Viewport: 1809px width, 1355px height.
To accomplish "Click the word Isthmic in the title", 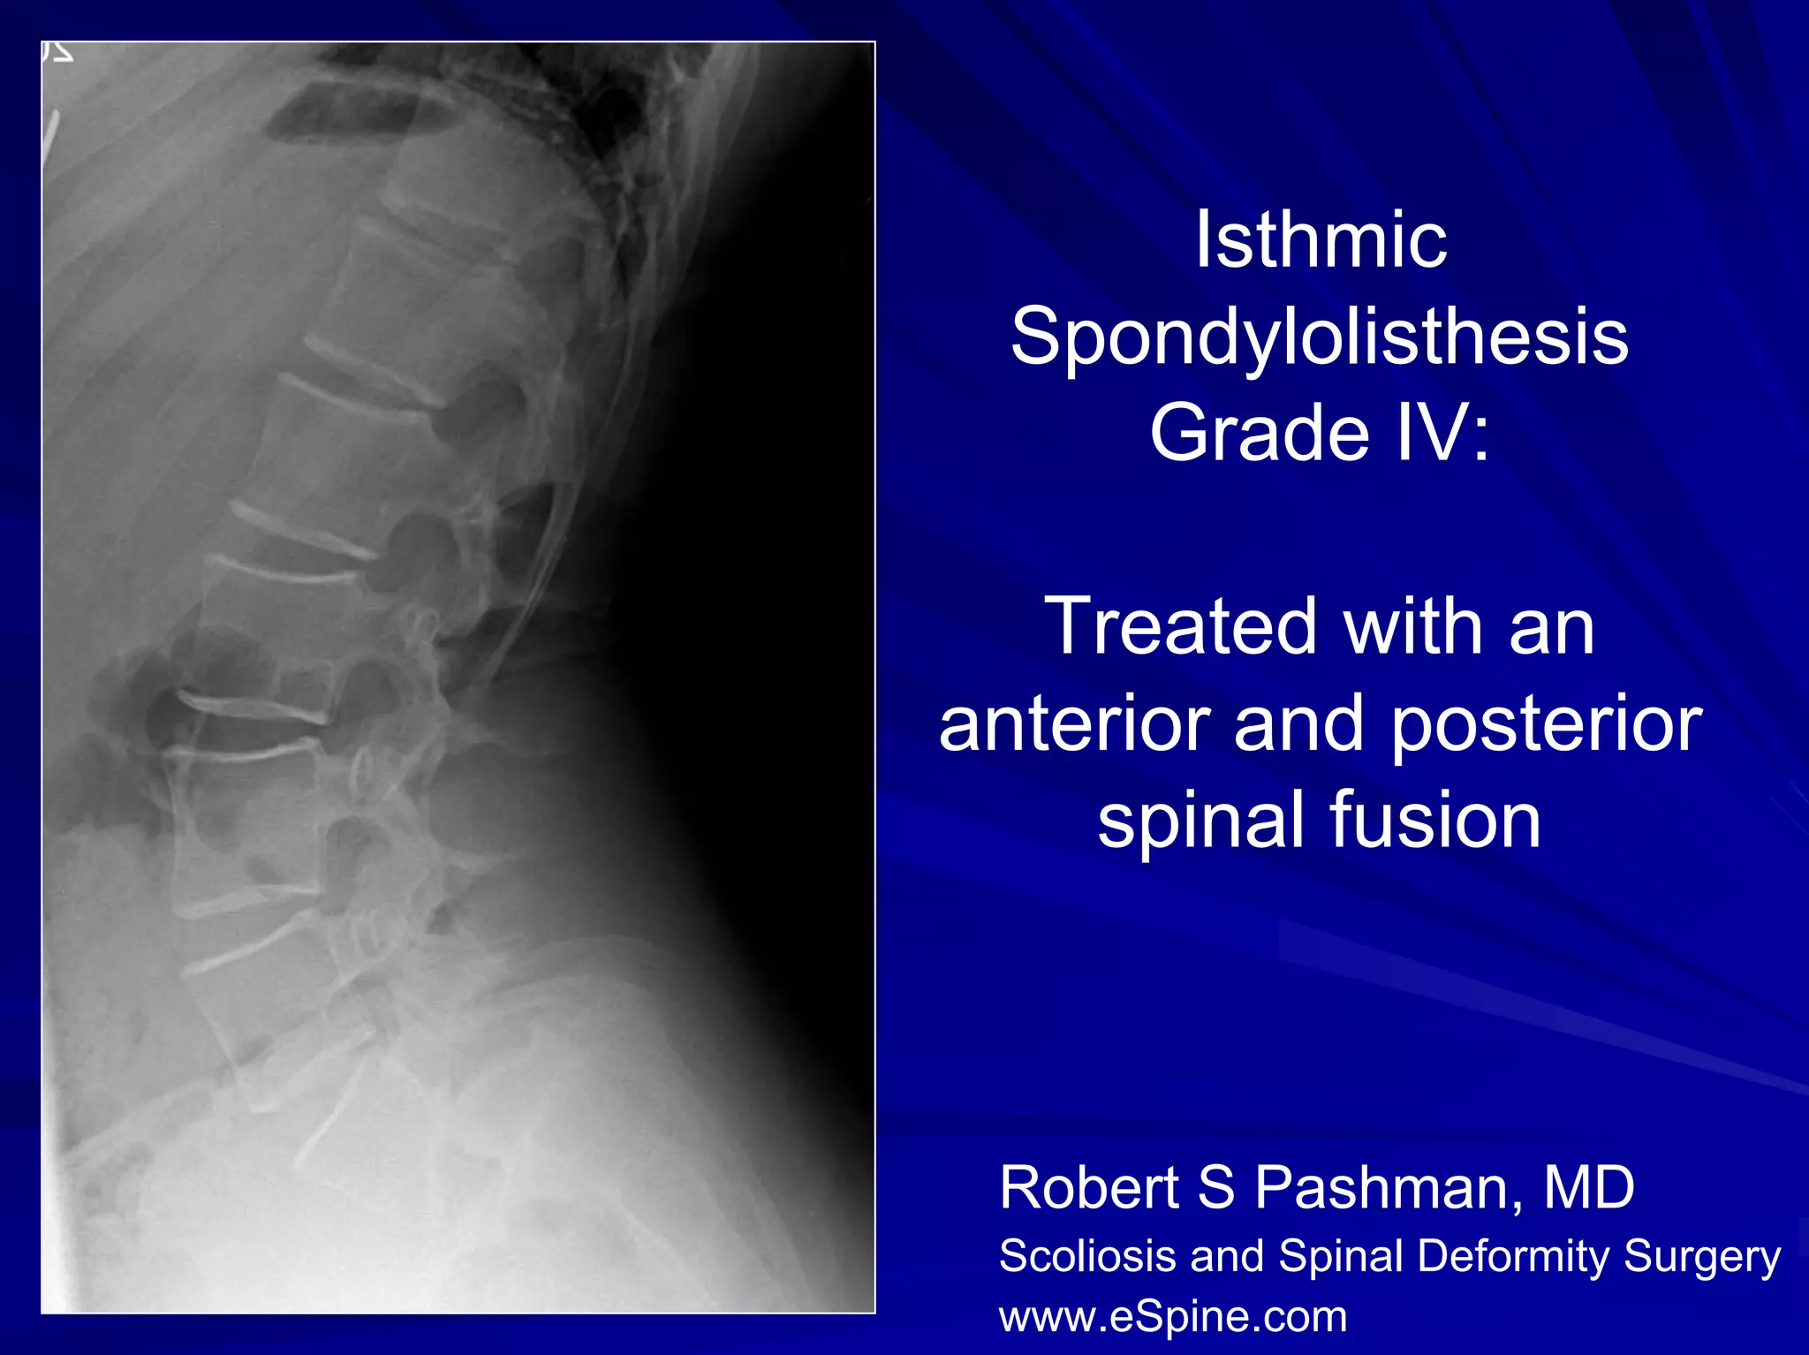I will (x=1321, y=240).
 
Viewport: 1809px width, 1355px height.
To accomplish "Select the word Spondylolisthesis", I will (x=1320, y=337).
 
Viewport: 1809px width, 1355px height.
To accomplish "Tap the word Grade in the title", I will (x=1260, y=433).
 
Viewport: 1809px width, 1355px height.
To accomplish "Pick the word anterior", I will (x=1074, y=723).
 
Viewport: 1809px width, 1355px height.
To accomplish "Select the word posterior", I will (x=1545, y=725).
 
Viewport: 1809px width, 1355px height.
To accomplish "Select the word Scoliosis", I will (x=1087, y=1256).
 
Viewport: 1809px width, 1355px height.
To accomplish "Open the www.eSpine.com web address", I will (x=1172, y=1317).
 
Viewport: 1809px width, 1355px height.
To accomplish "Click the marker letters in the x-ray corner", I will (x=58, y=53).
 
